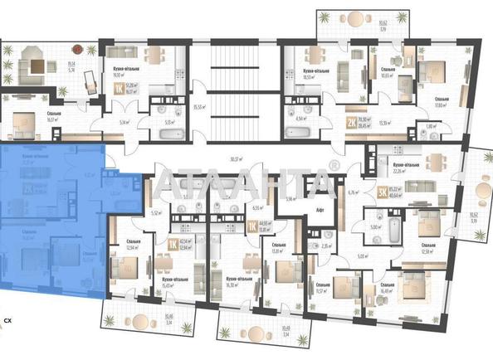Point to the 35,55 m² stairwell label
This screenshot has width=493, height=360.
(198, 106)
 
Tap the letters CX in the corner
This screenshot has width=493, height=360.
(7, 319)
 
